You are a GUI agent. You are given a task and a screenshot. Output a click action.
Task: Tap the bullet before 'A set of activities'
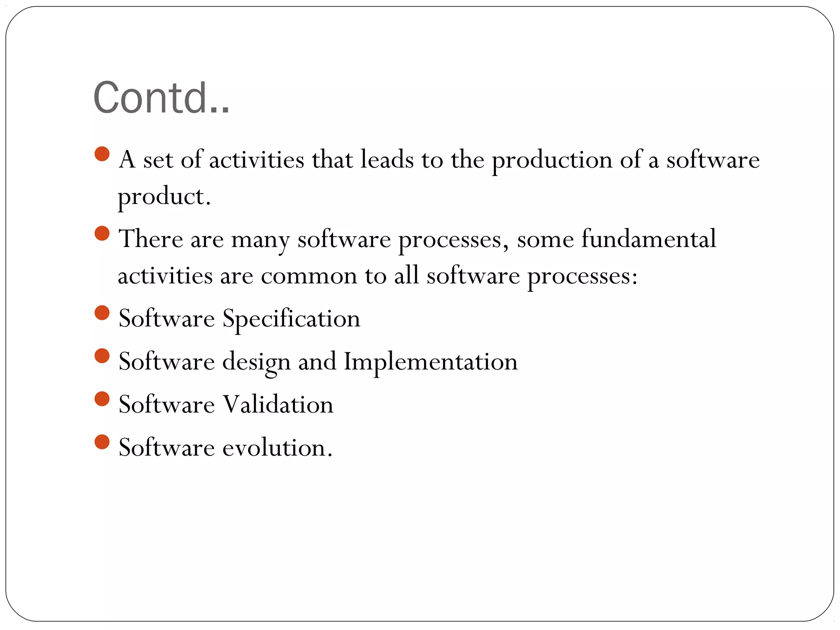point(102,154)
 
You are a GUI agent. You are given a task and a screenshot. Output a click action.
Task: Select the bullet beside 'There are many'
point(102,234)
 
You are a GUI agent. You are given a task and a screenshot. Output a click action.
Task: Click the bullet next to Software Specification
point(102,313)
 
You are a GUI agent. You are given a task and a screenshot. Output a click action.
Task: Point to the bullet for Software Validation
point(102,399)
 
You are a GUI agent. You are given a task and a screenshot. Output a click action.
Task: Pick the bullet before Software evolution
point(102,442)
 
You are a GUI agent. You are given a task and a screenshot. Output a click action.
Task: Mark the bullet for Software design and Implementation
point(102,356)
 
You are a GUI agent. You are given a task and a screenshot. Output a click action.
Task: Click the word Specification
point(291,319)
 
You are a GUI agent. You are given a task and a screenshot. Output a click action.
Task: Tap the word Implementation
point(431,362)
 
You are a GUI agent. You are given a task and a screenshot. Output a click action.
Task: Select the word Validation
point(278,404)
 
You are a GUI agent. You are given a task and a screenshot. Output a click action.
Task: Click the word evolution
point(277,447)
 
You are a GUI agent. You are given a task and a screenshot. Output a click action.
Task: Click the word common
point(309,276)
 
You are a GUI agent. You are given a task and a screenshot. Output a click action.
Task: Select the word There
point(151,239)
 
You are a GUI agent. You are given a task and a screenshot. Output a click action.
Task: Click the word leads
point(387,160)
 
